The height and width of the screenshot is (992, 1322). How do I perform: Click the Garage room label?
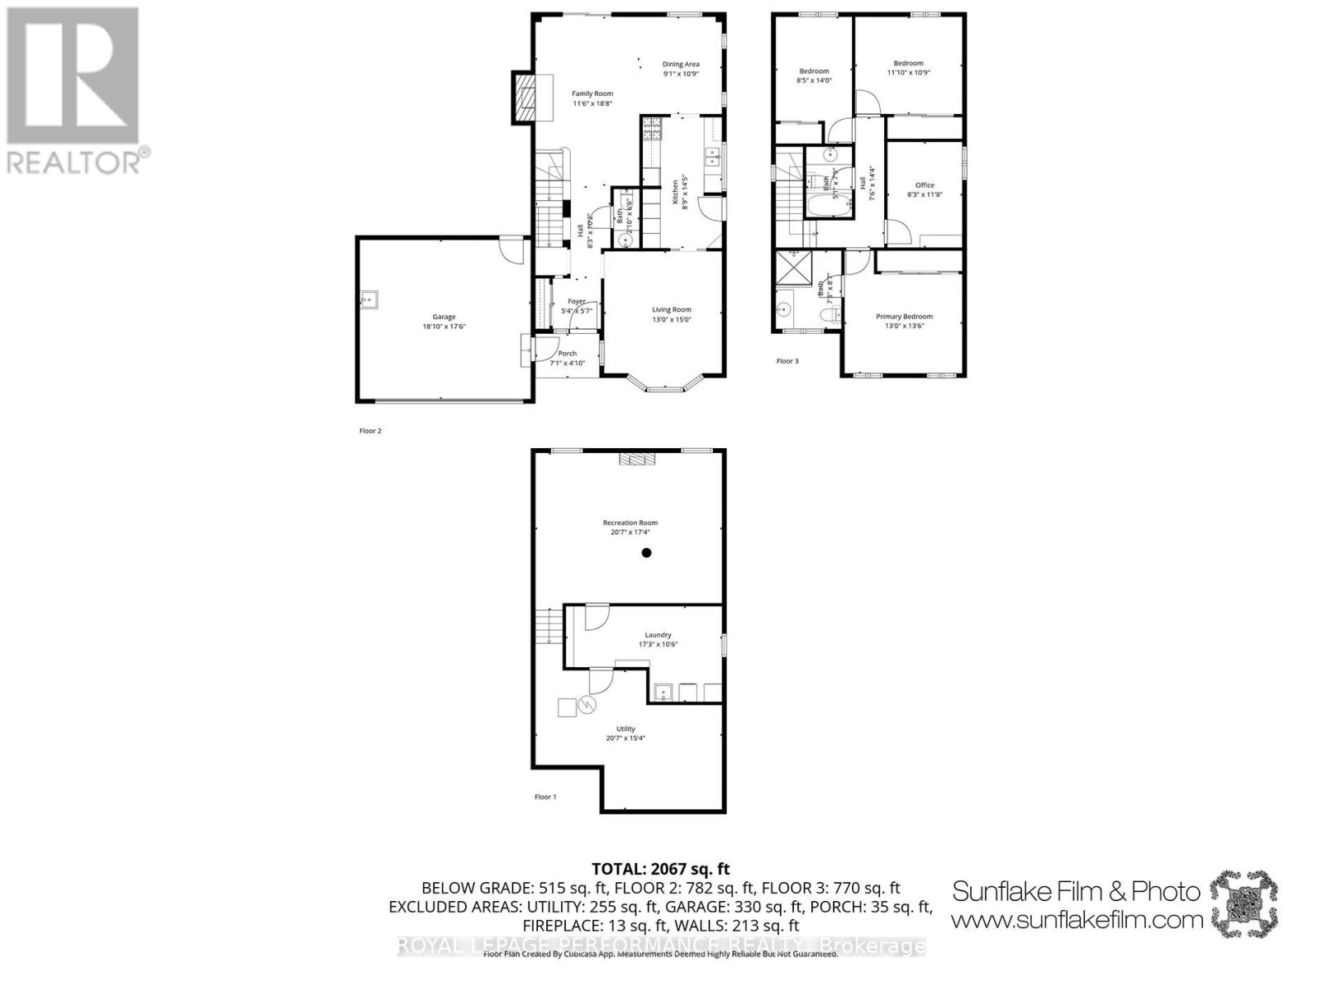click(444, 317)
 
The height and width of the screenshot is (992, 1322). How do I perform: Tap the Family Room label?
click(592, 93)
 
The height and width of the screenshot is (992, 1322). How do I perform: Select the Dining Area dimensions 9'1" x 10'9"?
click(681, 74)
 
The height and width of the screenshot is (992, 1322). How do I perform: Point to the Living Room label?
click(671, 310)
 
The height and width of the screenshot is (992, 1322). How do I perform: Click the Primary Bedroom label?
click(904, 317)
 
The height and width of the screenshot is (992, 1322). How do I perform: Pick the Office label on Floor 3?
click(924, 185)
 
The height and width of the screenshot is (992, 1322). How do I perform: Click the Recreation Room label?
click(630, 522)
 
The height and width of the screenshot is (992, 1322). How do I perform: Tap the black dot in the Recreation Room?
click(647, 553)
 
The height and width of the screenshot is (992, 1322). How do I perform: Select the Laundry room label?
click(658, 635)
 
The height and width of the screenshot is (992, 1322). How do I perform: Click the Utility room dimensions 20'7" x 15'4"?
click(625, 738)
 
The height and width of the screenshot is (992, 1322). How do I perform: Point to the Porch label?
click(567, 354)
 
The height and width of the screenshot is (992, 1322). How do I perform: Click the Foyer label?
click(576, 302)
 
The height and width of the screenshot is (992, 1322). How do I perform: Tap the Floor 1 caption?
click(545, 797)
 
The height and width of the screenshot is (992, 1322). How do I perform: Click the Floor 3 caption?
click(787, 361)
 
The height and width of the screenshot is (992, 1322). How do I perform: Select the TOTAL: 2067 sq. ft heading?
click(660, 869)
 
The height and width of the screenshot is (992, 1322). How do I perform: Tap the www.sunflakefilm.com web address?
click(1077, 919)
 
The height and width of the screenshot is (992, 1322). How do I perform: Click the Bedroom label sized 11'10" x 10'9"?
click(908, 63)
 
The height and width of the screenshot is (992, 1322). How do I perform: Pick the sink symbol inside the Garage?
click(369, 299)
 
